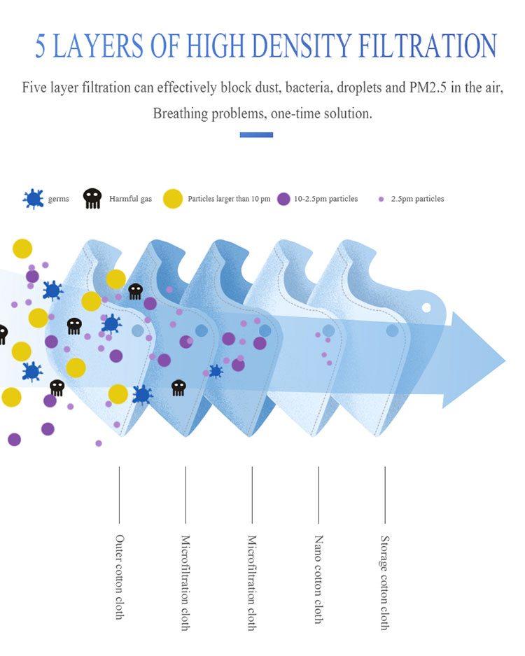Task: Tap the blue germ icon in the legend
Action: pyautogui.click(x=32, y=199)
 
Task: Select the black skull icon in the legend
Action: pyautogui.click(x=92, y=199)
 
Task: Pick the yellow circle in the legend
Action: pyautogui.click(x=173, y=199)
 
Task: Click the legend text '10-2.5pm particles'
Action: pyautogui.click(x=325, y=199)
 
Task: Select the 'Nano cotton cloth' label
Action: pyautogui.click(x=318, y=579)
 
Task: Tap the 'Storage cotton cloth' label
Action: pyautogui.click(x=384, y=582)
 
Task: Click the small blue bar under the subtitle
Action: pyautogui.click(x=256, y=134)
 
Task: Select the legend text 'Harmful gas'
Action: pyautogui.click(x=130, y=199)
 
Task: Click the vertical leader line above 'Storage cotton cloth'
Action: pyautogui.click(x=384, y=494)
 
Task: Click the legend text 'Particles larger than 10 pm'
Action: pyautogui.click(x=229, y=199)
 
